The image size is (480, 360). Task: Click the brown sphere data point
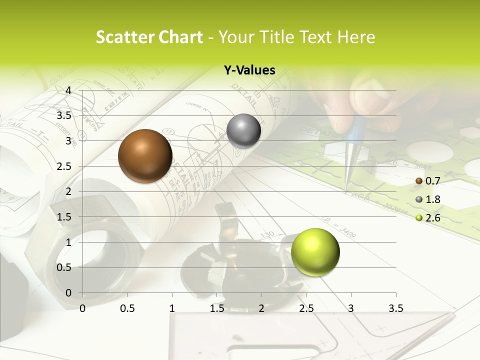[x=145, y=155]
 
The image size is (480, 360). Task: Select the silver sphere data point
[x=243, y=130]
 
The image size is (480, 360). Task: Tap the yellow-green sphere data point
[x=315, y=251]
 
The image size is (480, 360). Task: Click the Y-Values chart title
[x=249, y=70]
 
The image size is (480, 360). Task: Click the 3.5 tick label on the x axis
[x=395, y=308]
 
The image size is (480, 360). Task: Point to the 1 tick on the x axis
[x=172, y=308]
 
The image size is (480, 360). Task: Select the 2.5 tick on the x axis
[x=306, y=308]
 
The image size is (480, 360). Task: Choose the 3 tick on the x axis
[x=351, y=308]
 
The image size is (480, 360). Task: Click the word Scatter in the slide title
[x=125, y=37]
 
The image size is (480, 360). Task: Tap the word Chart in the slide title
[x=180, y=37]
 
